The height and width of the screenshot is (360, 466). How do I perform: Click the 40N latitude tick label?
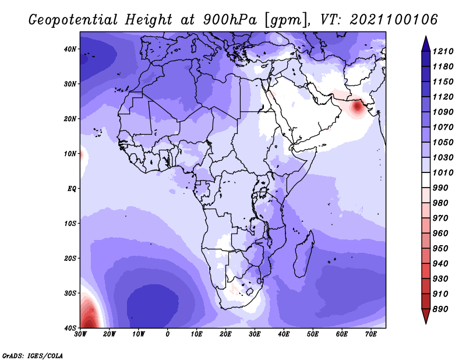70,49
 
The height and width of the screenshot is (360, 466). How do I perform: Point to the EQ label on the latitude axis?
72,189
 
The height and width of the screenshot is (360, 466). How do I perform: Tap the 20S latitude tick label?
70,258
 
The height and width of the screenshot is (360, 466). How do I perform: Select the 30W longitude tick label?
80,334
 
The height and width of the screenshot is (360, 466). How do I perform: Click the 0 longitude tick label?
167,334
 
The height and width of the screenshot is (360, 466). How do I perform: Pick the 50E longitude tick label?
313,334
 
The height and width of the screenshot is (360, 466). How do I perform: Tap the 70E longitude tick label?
370,334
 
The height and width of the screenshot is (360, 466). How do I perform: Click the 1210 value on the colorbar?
443,51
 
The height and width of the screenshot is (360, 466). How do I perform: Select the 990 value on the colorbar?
440,188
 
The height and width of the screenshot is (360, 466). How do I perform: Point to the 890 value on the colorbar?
440,309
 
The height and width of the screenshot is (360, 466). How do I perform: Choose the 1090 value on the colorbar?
443,112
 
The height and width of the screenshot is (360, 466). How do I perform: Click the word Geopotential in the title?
73,20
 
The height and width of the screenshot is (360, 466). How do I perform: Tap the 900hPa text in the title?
230,20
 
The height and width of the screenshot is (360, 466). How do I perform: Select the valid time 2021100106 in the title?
394,20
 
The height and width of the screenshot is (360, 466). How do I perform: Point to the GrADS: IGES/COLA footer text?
33,355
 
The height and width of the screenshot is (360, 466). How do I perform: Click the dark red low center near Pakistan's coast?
357,107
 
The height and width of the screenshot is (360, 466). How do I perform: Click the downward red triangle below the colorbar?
426,316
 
